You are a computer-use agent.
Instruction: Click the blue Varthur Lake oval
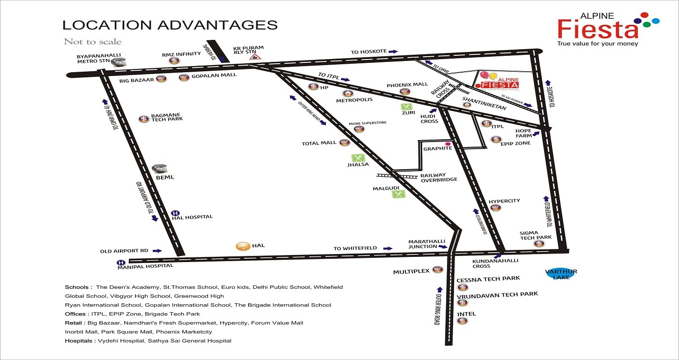coord(561,274)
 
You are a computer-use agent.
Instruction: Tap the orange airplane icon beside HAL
coord(242,246)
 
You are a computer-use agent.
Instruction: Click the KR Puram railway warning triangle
coord(255,56)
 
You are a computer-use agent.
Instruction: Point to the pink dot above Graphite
coord(448,143)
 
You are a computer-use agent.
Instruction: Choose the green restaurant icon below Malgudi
coord(398,193)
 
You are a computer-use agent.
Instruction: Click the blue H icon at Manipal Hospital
coord(121,262)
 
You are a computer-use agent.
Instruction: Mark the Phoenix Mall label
coord(407,85)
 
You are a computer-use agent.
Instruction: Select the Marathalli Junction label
coord(426,244)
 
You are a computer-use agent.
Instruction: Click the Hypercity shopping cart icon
coord(495,208)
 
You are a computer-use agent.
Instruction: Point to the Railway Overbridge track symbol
coord(397,176)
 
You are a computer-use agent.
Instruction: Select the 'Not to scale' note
coord(93,42)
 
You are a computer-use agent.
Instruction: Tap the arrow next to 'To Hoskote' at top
coord(393,51)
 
